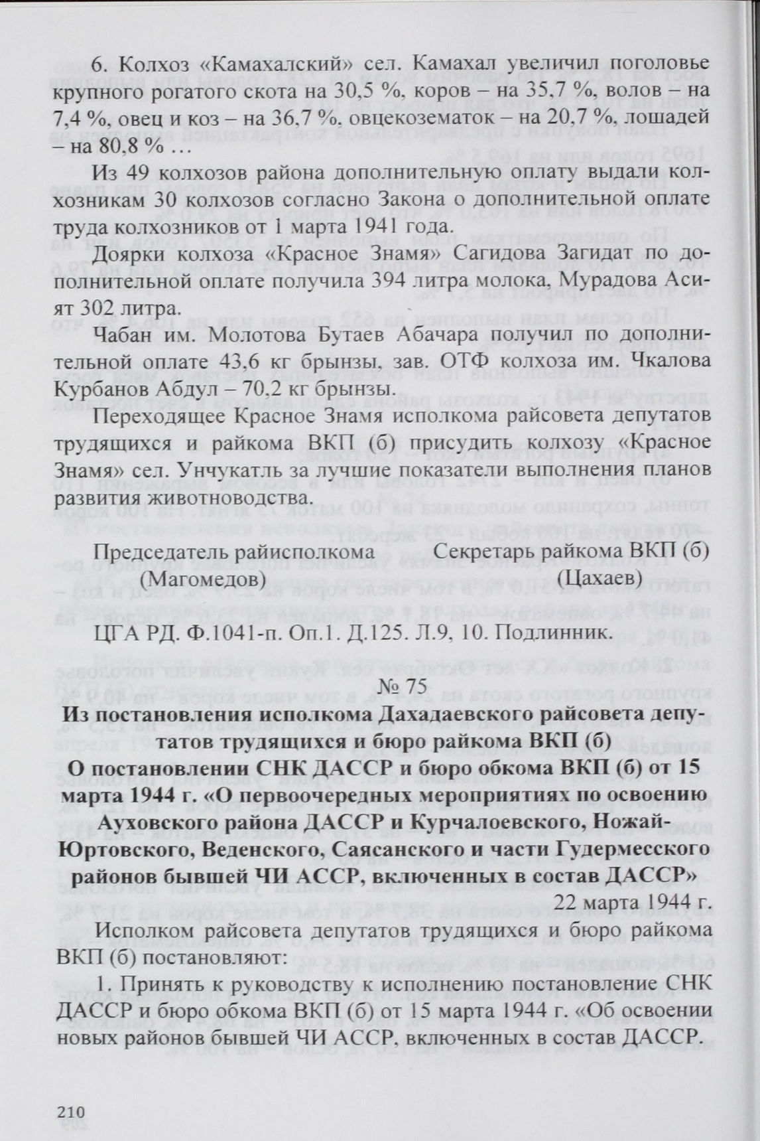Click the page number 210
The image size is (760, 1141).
click(72, 1112)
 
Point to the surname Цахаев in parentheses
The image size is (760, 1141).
click(600, 578)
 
